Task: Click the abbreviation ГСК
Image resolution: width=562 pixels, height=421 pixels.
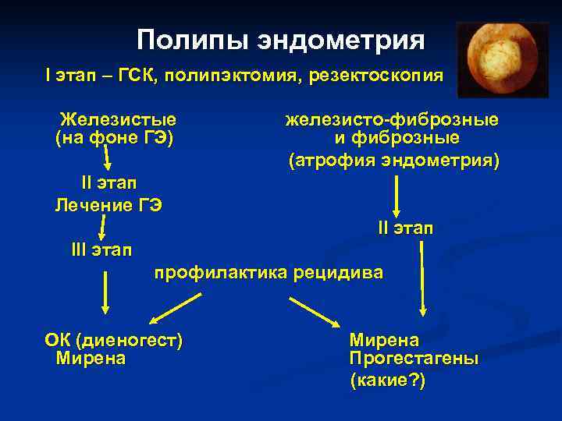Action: (x=137, y=76)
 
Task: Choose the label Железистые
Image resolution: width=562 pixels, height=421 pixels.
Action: (x=118, y=120)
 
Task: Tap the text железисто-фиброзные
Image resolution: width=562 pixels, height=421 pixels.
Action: (x=392, y=120)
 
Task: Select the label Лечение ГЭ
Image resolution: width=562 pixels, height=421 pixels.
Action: (x=108, y=205)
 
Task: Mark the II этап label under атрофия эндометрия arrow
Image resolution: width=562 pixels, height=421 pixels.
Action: (x=406, y=228)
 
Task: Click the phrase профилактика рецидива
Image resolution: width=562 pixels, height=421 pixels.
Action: (x=269, y=273)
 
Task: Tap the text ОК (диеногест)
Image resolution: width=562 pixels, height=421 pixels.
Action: (x=114, y=341)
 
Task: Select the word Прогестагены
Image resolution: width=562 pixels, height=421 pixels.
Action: (x=414, y=359)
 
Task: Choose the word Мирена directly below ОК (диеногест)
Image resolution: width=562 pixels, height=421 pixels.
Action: (x=91, y=359)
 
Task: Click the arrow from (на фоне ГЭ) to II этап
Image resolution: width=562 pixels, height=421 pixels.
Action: (x=108, y=160)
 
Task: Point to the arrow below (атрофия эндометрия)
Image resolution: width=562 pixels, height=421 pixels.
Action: (x=397, y=196)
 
